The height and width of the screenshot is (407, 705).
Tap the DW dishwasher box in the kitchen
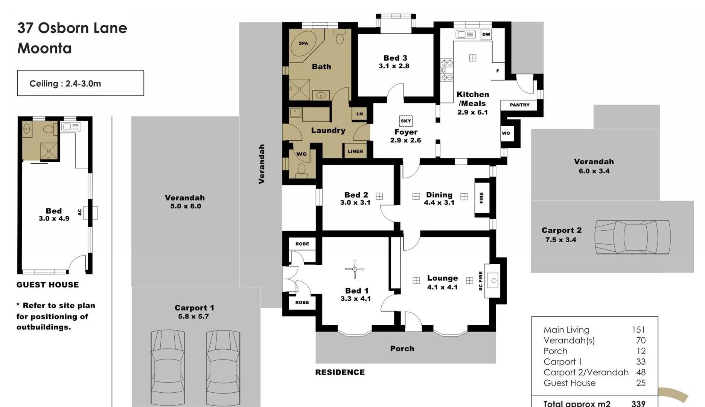pyautogui.click(x=486, y=34)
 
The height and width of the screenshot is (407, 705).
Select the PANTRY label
pyautogui.click(x=519, y=105)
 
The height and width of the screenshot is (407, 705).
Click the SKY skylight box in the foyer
pyautogui.click(x=406, y=121)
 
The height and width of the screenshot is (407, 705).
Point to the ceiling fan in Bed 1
pyautogui.click(x=355, y=269)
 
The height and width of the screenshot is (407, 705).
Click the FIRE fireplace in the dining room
pyautogui.click(x=482, y=198)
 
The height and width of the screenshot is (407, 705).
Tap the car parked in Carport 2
pyautogui.click(x=632, y=237)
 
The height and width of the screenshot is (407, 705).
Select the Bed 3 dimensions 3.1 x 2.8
pyautogui.click(x=394, y=66)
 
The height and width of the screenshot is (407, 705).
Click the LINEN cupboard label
pyautogui.click(x=355, y=151)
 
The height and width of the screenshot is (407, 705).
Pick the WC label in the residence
pyautogui.click(x=301, y=154)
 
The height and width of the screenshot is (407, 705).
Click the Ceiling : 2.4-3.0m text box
pyautogui.click(x=81, y=83)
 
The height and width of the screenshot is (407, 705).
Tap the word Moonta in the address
pyautogui.click(x=44, y=48)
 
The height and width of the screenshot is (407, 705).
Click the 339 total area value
pyautogui.click(x=638, y=403)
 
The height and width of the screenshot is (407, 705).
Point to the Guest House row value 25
pyautogui.click(x=641, y=383)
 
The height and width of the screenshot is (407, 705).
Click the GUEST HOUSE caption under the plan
pyautogui.click(x=47, y=285)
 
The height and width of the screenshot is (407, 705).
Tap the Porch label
pyautogui.click(x=402, y=349)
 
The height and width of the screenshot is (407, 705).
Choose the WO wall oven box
pyautogui.click(x=506, y=133)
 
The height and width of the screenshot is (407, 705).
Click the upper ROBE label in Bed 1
pyautogui.click(x=302, y=244)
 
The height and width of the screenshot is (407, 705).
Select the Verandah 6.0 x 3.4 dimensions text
pyautogui.click(x=594, y=171)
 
